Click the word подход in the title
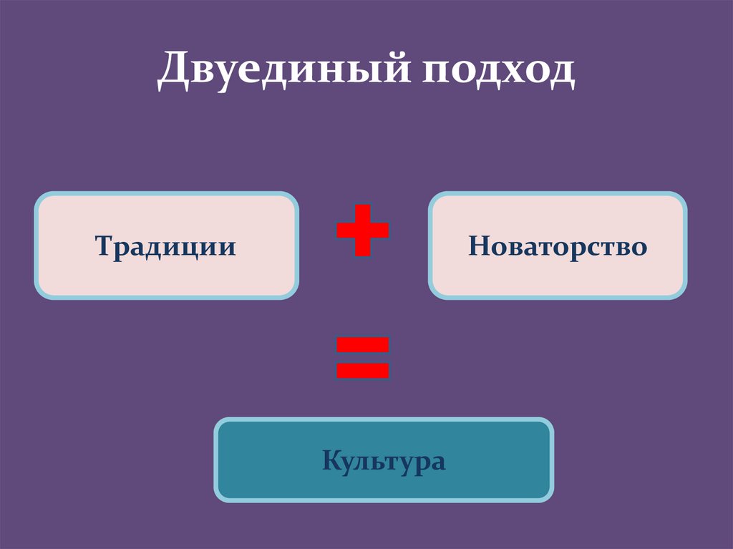(x=500, y=72)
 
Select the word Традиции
(x=166, y=247)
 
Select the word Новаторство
(x=558, y=247)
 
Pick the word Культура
(x=384, y=460)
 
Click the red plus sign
(x=363, y=230)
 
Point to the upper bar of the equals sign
(x=363, y=345)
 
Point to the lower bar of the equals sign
(x=363, y=370)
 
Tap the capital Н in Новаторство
(x=477, y=247)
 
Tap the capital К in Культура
(x=331, y=460)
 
